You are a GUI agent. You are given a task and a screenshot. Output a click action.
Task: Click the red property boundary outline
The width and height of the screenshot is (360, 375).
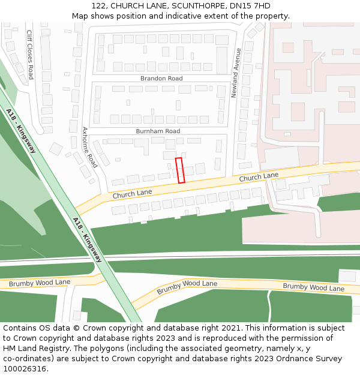(x=180, y=170)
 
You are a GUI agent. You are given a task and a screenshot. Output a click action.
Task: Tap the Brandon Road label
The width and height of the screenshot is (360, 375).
(x=161, y=79)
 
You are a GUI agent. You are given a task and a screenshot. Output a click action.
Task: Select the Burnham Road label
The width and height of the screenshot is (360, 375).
(x=158, y=131)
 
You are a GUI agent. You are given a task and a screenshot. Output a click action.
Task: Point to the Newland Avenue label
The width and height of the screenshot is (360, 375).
(x=236, y=73)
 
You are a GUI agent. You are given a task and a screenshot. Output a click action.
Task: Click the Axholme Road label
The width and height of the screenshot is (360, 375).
(x=89, y=147)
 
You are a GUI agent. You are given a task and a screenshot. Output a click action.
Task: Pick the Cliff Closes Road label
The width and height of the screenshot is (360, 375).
(x=30, y=55)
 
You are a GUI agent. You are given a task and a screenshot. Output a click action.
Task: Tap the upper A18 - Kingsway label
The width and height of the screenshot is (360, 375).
(x=22, y=130)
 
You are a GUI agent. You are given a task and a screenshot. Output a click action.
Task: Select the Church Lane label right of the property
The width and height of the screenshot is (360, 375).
(x=259, y=178)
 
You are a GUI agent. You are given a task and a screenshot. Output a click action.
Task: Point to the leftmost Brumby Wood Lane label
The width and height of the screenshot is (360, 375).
(x=40, y=283)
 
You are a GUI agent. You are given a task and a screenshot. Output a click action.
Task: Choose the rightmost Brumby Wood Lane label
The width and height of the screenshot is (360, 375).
(x=313, y=287)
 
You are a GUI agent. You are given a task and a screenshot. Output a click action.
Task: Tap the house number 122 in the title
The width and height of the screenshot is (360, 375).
(x=99, y=6)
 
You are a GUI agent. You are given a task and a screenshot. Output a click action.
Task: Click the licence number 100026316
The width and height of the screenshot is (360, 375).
(x=25, y=368)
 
